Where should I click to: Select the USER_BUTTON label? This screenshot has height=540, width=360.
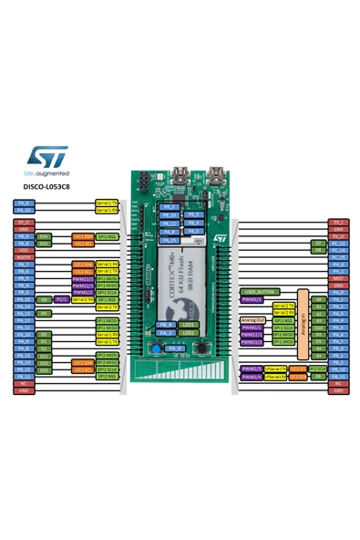(259, 291)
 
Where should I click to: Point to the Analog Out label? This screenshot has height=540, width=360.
(254, 320)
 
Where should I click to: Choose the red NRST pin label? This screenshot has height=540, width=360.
(337, 279)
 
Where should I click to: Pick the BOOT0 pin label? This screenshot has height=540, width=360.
(24, 257)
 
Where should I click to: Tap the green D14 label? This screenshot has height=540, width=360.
(44, 236)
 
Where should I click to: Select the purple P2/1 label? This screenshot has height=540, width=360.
(62, 298)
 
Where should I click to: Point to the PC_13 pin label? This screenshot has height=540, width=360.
(337, 244)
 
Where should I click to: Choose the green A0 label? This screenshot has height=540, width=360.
(318, 298)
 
